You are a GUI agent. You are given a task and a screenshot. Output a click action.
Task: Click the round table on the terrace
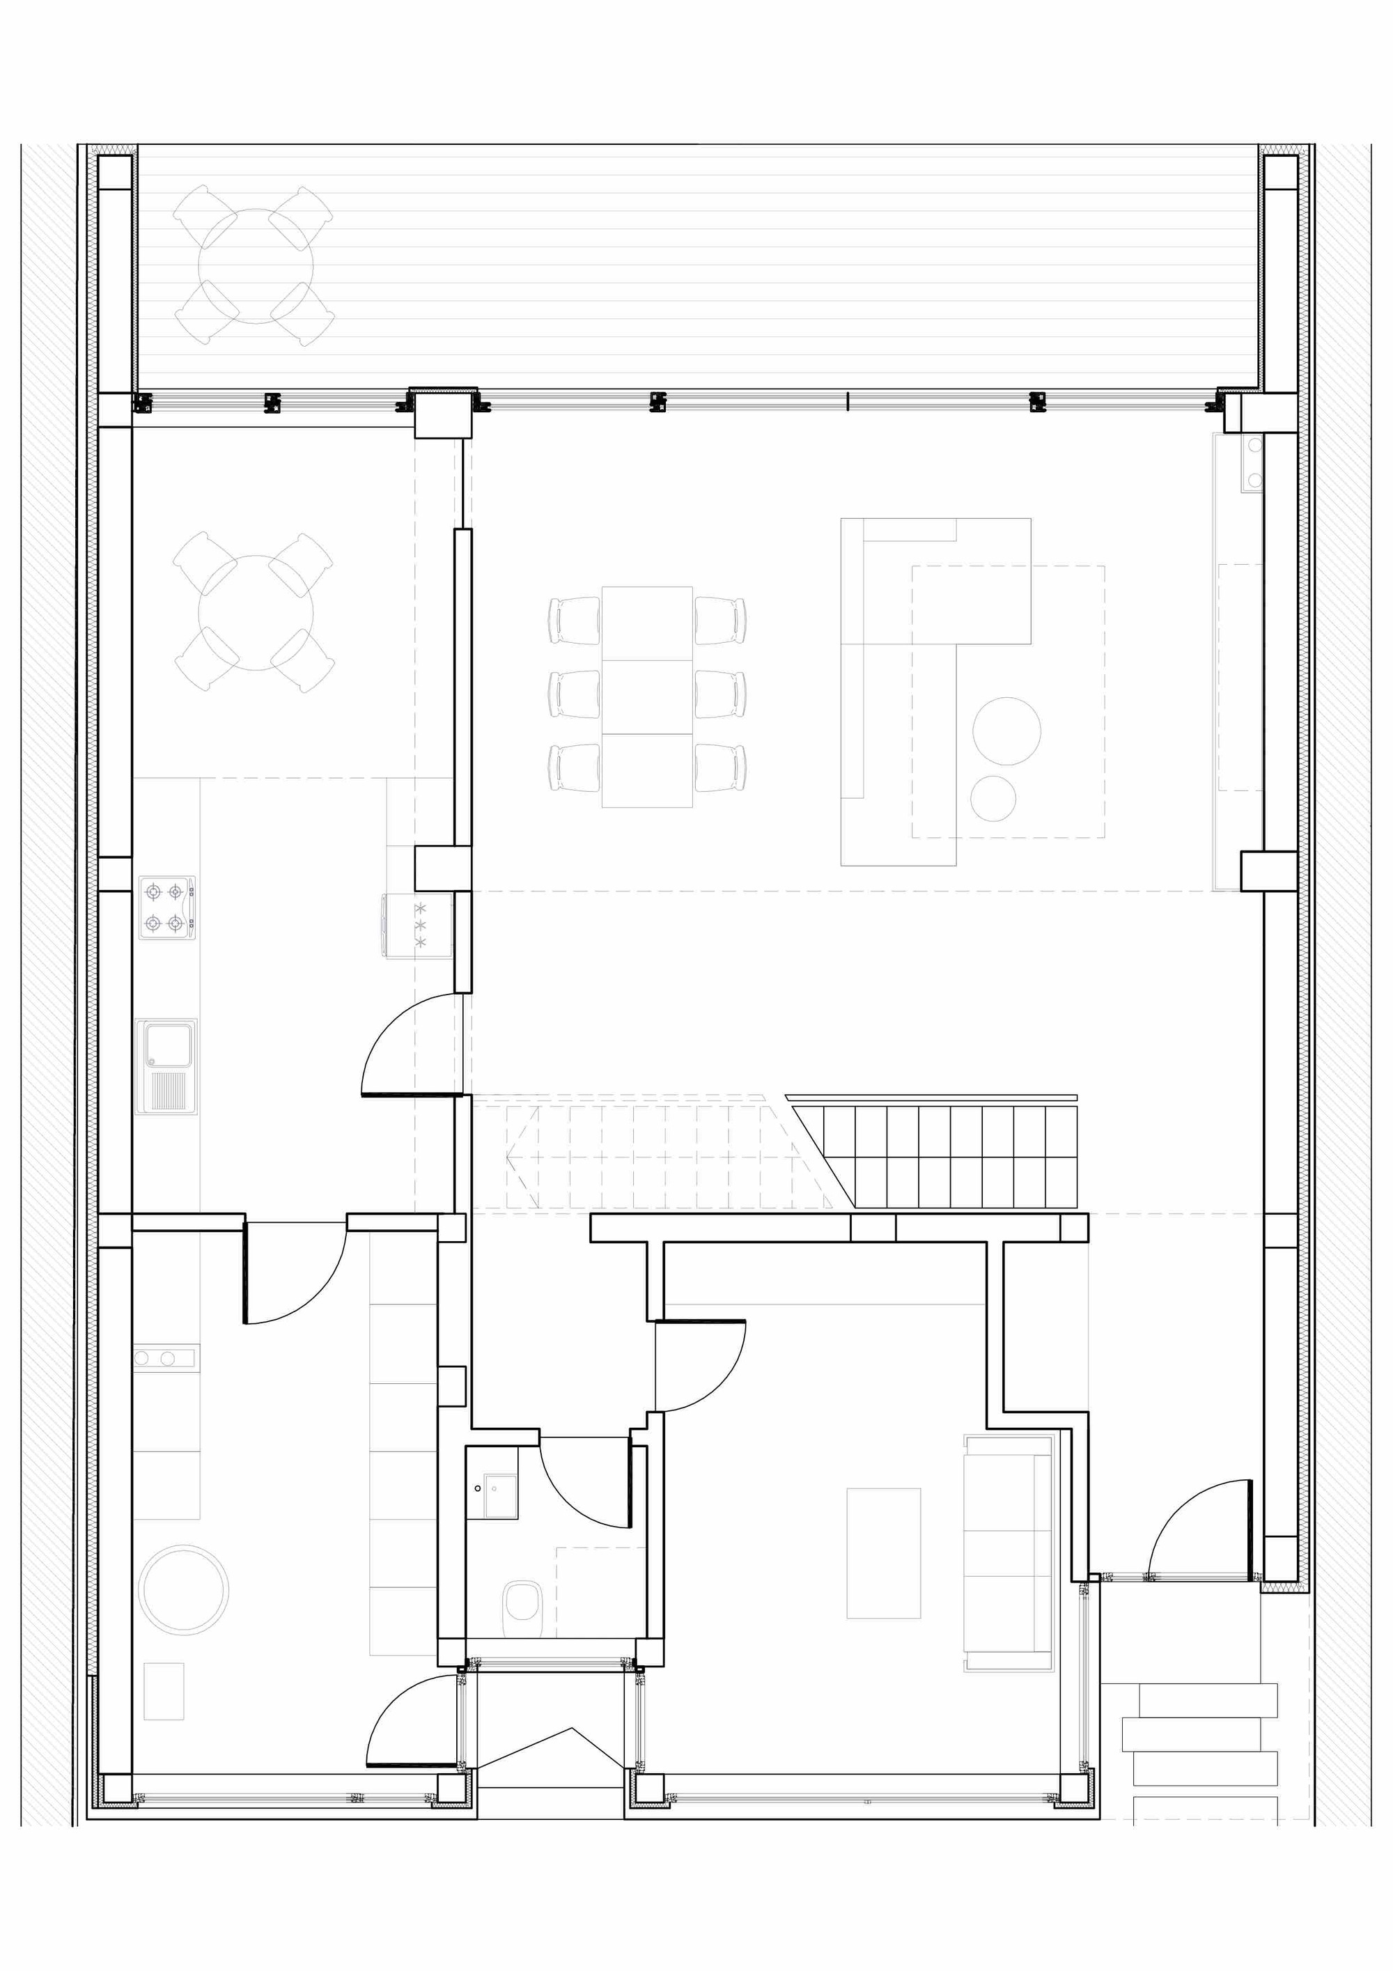tap(255, 265)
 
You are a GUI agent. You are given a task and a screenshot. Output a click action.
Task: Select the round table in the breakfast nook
tap(255, 612)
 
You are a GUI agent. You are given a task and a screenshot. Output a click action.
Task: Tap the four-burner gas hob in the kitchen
tap(166, 907)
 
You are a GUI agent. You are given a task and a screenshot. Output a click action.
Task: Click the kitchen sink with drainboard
tap(166, 1066)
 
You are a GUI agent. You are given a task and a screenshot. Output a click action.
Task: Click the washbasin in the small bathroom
tap(499, 1496)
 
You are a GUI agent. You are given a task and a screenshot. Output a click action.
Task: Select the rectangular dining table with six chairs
tap(646, 696)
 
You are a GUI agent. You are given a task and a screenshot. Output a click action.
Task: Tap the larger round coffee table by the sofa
tap(1006, 731)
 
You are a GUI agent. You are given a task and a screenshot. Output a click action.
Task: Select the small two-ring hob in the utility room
tap(163, 1358)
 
